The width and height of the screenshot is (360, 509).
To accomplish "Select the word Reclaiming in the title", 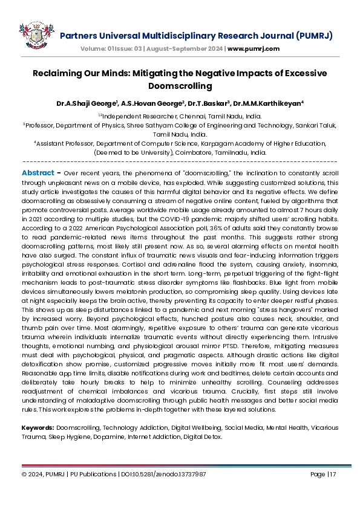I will [x=58, y=73].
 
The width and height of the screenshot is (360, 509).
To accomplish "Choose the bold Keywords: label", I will [x=38, y=427].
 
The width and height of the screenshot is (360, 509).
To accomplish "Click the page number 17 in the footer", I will [x=331, y=475].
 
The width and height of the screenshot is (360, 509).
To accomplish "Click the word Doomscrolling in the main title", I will [x=180, y=86].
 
